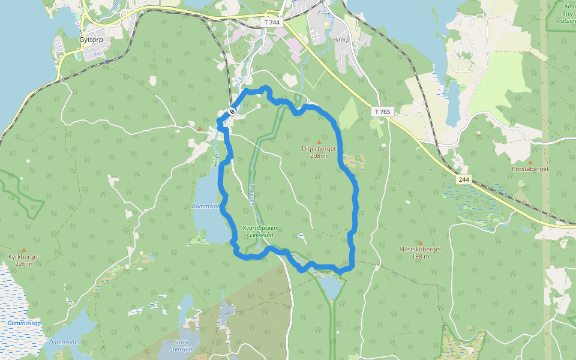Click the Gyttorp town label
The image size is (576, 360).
[91, 40]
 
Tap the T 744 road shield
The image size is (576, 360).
[272, 22]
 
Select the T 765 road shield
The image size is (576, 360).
[382, 112]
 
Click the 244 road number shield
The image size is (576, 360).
[464, 179]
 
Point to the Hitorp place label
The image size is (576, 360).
[340, 38]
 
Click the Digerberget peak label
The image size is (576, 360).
[319, 149]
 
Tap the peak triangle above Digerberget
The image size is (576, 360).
[319, 142]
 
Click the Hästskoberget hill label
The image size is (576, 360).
[421, 249]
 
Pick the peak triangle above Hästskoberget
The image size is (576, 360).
[421, 242]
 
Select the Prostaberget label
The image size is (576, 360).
[530, 169]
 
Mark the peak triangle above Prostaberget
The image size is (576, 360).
[530, 162]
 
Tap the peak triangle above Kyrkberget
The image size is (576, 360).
[24, 250]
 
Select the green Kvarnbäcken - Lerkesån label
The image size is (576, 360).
[260, 232]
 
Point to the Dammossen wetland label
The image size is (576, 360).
[24, 323]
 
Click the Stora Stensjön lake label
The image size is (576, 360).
[181, 346]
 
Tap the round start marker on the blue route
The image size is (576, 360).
[232, 111]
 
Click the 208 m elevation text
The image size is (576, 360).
[319, 156]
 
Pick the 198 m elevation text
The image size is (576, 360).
[421, 256]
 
